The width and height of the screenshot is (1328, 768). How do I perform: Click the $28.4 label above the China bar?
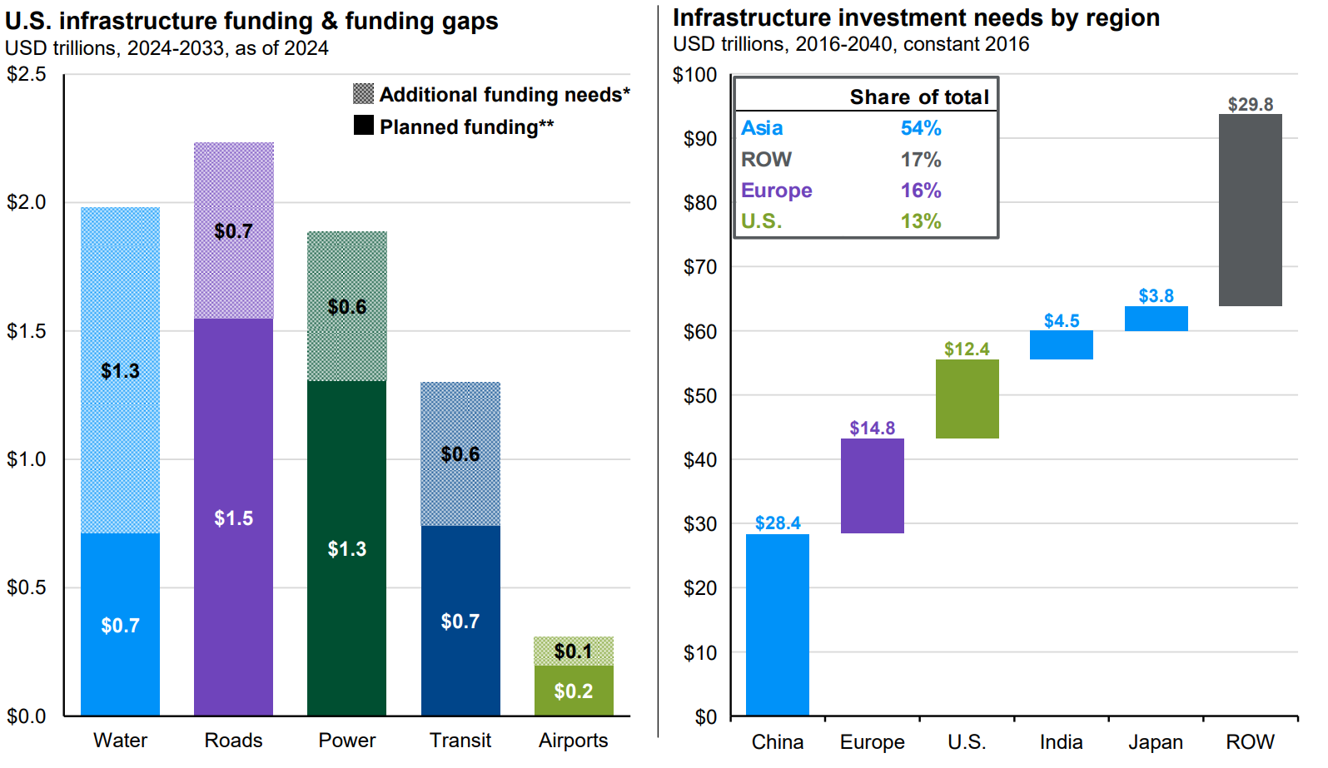pos(777,523)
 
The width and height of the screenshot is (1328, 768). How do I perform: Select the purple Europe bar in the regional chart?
pos(872,486)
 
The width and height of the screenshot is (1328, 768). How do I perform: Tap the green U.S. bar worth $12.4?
pos(967,399)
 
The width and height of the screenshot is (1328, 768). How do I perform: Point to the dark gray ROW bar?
pos(1250,210)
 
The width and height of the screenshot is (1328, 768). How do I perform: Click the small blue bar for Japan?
pos(1156,319)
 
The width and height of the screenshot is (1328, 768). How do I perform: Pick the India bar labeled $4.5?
pos(1061,344)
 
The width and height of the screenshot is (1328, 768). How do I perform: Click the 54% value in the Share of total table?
pos(920,128)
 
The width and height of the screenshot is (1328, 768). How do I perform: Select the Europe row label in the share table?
pos(776,191)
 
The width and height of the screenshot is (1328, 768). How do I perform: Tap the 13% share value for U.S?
pos(920,221)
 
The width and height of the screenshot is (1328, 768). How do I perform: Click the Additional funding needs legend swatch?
pos(363,94)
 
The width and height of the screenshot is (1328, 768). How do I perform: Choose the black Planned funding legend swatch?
pos(363,126)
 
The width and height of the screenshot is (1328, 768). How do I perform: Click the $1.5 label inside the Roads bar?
pos(233,518)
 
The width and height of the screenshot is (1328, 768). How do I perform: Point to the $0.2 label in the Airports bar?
pos(573,691)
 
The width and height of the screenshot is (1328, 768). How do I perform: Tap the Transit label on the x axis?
pos(460,740)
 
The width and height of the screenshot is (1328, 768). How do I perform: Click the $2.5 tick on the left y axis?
pos(26,75)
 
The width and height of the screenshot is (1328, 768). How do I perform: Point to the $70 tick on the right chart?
pos(699,267)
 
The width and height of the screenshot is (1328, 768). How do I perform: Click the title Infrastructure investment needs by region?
pos(916,18)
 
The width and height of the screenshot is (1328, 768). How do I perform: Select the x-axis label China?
pos(777,741)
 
